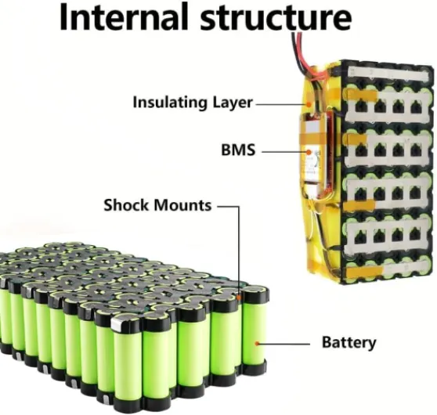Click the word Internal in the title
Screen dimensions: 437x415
(124, 16)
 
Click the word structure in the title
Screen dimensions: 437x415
(276, 17)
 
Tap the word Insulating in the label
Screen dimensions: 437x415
(170, 103)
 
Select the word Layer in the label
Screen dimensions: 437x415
(233, 103)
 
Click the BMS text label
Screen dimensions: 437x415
(238, 150)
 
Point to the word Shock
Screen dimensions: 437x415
(126, 205)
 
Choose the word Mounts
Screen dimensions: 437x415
(182, 205)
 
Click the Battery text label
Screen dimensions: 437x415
(349, 342)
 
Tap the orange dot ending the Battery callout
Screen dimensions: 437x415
(257, 344)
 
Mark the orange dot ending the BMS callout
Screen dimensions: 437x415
(309, 152)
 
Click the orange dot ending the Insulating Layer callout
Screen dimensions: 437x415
(309, 104)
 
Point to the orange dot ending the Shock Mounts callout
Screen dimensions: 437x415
(239, 298)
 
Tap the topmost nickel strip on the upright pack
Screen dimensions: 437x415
(388, 74)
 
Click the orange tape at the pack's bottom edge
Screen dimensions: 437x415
(366, 272)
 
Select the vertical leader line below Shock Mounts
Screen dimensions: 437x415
(239, 251)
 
